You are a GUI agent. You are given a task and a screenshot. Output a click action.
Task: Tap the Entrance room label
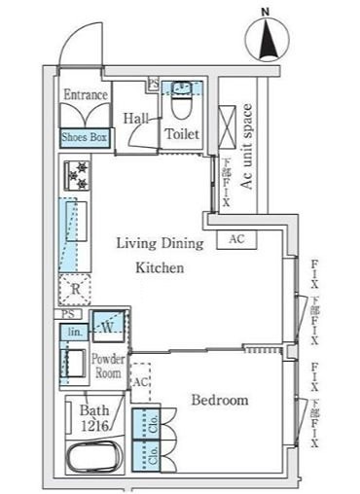(x=86, y=95)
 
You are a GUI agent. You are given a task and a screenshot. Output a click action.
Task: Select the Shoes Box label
(x=86, y=138)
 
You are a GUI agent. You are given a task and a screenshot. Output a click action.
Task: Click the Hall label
(x=135, y=118)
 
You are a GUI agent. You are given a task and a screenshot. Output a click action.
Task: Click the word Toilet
(x=182, y=133)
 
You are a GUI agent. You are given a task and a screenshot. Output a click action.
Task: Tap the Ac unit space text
(x=247, y=145)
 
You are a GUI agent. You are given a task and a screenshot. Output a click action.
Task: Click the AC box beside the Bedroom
(x=140, y=382)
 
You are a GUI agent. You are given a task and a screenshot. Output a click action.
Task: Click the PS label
(x=65, y=314)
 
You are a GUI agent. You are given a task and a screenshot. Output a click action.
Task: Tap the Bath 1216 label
(x=94, y=416)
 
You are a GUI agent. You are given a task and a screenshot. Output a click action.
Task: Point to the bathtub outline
(x=93, y=456)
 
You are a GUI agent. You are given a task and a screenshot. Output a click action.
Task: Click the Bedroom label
(x=218, y=400)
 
